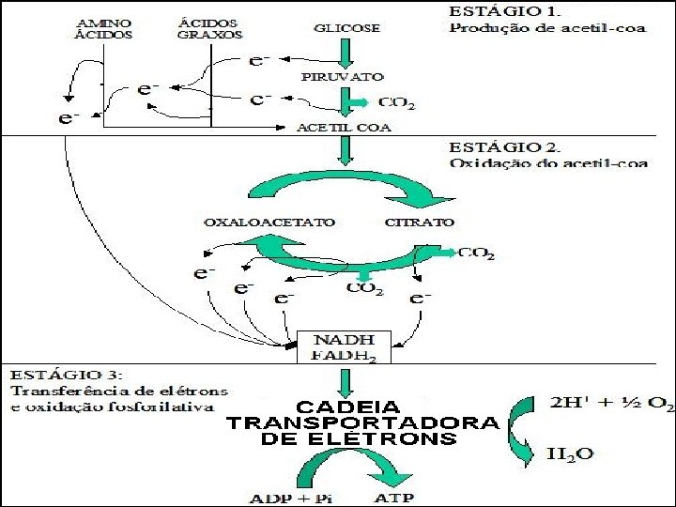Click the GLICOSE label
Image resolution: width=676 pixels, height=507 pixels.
pyautogui.click(x=347, y=28)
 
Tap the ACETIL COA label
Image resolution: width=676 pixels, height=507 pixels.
pyautogui.click(x=344, y=128)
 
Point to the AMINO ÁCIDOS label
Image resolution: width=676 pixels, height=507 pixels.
pyautogui.click(x=102, y=28)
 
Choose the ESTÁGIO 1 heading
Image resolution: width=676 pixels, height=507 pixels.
pyautogui.click(x=504, y=11)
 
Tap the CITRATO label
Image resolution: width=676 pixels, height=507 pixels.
pyautogui.click(x=420, y=223)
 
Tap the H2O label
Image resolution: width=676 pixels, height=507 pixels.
pyautogui.click(x=570, y=454)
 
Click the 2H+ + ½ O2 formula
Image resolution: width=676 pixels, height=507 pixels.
pyautogui.click(x=611, y=404)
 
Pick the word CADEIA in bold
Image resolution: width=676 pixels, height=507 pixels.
pyautogui.click(x=348, y=408)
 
